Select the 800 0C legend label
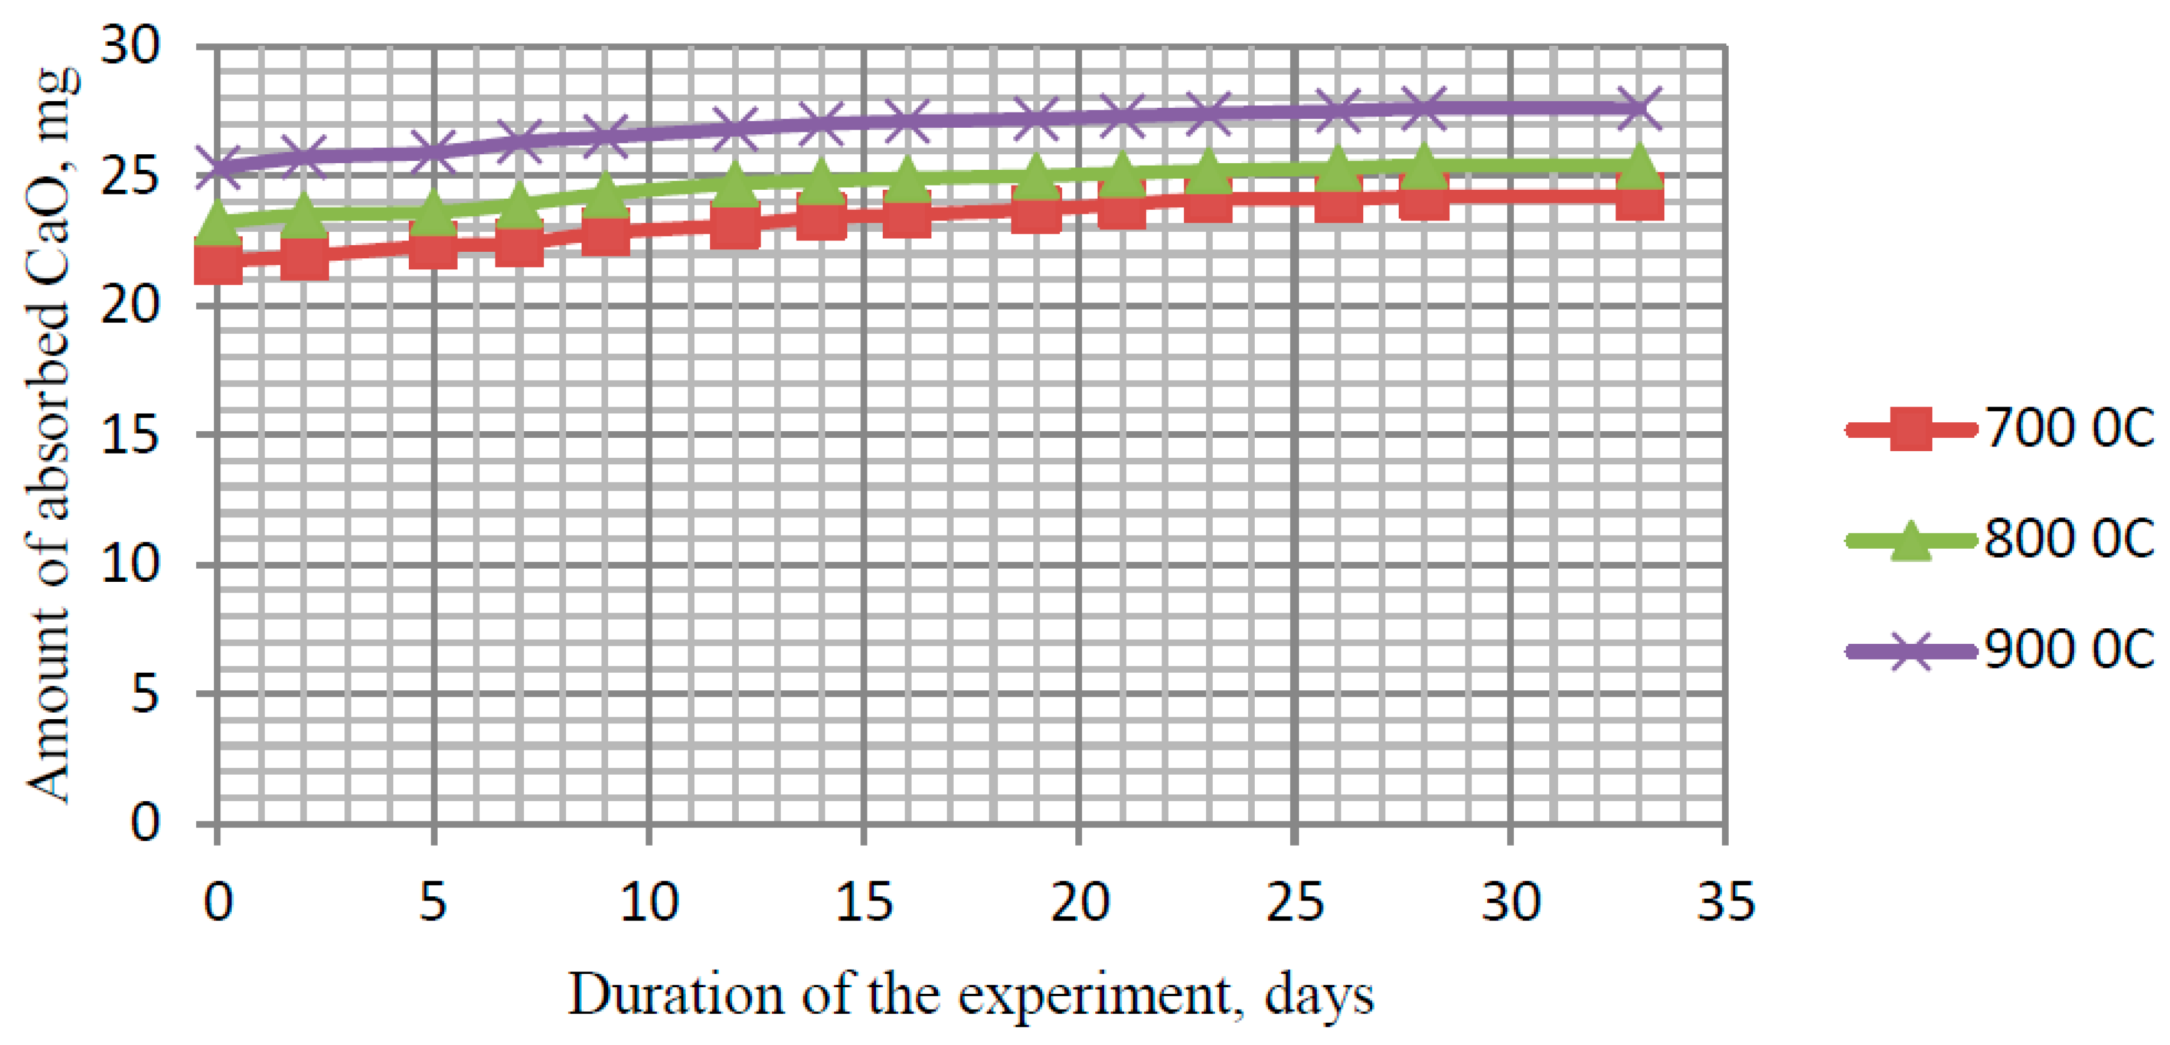(2068, 538)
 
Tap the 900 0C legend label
(2068, 649)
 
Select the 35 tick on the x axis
(1725, 902)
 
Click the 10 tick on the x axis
(648, 902)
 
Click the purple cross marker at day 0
(218, 167)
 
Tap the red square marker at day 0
(218, 261)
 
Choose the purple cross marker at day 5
(433, 152)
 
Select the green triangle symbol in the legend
(1910, 541)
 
